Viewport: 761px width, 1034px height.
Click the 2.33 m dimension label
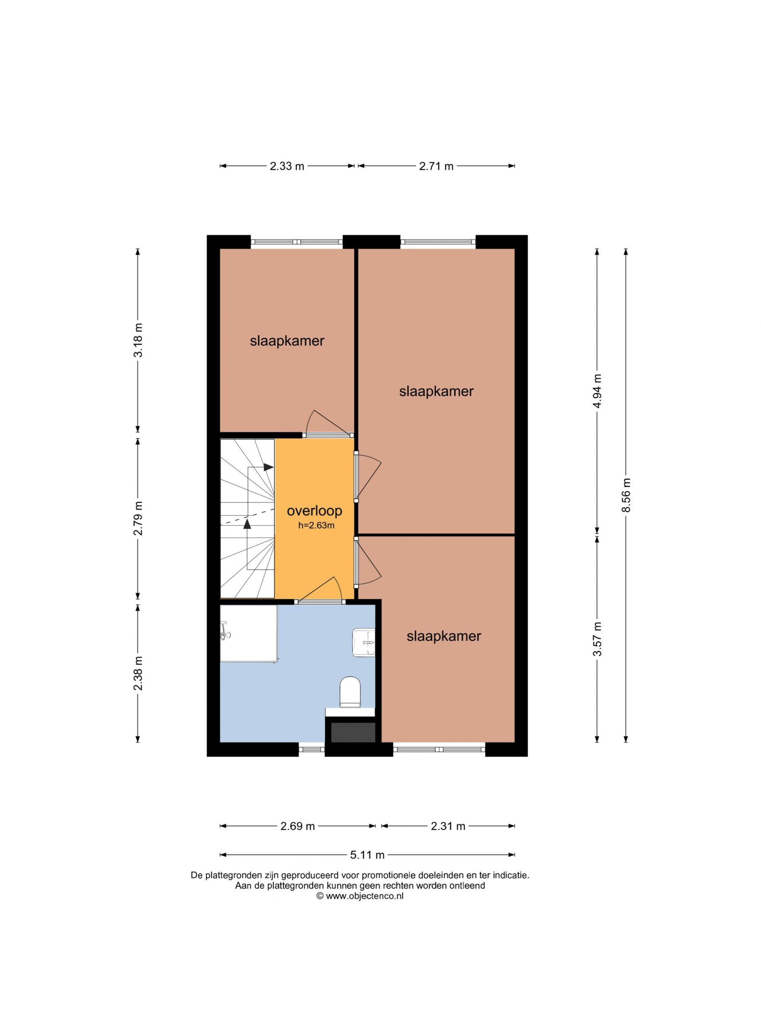(x=287, y=166)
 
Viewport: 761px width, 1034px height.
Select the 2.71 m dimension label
(x=436, y=166)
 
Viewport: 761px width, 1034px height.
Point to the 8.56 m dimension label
(x=626, y=495)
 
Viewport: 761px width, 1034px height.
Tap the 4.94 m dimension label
(x=597, y=391)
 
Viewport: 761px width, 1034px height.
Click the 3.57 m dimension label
(x=597, y=639)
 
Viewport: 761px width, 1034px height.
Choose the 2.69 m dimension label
(x=298, y=826)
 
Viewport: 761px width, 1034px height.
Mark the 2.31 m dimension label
(x=448, y=826)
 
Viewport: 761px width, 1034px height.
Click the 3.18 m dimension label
(x=138, y=340)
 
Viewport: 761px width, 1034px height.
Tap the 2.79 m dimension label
(x=138, y=518)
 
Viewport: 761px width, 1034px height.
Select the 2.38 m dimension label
(x=138, y=673)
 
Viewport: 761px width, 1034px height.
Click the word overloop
(x=314, y=511)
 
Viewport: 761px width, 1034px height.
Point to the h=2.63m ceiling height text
(x=317, y=525)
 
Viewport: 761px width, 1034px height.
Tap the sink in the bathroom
(x=363, y=642)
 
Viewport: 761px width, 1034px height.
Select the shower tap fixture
(x=225, y=630)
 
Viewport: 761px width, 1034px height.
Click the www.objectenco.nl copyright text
(x=360, y=896)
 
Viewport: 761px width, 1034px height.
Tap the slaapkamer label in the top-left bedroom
(x=287, y=341)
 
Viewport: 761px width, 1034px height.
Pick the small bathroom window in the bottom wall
(x=312, y=750)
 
